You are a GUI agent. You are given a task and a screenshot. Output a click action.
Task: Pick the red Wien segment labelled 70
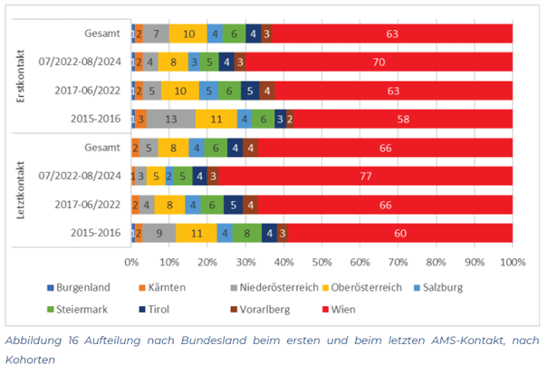click(x=379, y=62)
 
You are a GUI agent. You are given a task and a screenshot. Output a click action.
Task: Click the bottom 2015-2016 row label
click(x=95, y=233)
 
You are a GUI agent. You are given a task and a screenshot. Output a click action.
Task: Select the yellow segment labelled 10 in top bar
click(x=188, y=34)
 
